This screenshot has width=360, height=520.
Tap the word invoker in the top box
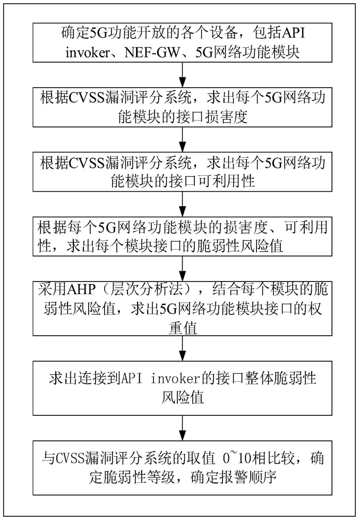click(x=88, y=53)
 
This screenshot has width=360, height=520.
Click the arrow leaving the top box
click(x=183, y=74)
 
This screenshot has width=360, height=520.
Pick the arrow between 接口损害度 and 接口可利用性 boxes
click(x=183, y=139)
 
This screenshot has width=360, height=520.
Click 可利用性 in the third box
click(x=226, y=182)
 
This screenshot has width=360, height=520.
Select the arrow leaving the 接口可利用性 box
click(x=183, y=204)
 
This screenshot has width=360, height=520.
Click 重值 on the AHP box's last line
click(x=183, y=328)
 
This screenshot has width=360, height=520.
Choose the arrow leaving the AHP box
click(x=183, y=348)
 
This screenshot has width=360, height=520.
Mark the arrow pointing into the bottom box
click(x=183, y=428)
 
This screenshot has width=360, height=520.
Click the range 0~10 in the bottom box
click(x=237, y=458)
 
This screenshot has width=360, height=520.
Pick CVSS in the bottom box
click(x=68, y=458)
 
